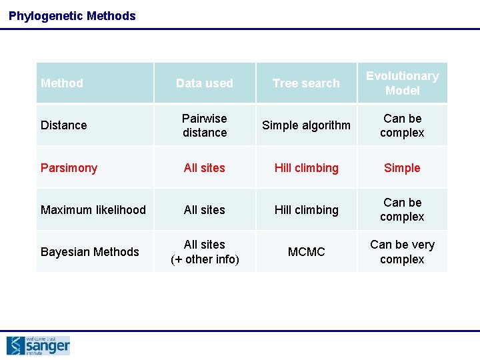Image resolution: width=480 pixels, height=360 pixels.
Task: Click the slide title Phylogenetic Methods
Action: click(72, 16)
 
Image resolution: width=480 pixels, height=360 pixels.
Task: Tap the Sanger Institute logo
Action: click(38, 345)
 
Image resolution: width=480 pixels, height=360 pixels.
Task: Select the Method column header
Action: click(62, 83)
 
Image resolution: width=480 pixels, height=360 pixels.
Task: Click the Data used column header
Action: click(205, 83)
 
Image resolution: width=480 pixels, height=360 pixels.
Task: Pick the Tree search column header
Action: click(306, 83)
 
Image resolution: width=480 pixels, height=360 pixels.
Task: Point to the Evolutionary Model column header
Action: click(402, 83)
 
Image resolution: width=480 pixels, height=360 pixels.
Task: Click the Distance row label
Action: click(64, 125)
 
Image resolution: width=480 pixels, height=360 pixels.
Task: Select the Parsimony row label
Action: click(69, 168)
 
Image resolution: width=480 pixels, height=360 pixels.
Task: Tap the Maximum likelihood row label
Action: click(93, 210)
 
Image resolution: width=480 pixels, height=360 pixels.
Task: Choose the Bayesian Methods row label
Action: click(90, 252)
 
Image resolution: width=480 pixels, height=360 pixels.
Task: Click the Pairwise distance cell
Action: click(205, 125)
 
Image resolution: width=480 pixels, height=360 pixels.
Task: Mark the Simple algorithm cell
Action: click(306, 125)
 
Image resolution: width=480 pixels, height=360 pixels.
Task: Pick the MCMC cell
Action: click(306, 252)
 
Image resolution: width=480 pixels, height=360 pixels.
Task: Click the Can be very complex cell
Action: click(402, 252)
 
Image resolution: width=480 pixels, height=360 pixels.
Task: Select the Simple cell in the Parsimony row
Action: click(402, 168)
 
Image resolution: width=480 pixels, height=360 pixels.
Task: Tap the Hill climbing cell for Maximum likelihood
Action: click(306, 210)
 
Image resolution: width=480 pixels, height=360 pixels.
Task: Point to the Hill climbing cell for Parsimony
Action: click(306, 168)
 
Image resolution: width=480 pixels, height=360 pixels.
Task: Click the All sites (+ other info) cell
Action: click(205, 252)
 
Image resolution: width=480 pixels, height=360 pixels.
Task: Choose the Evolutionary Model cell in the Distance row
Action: click(402, 125)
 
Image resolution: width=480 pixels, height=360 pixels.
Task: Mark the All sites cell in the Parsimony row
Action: click(205, 168)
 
